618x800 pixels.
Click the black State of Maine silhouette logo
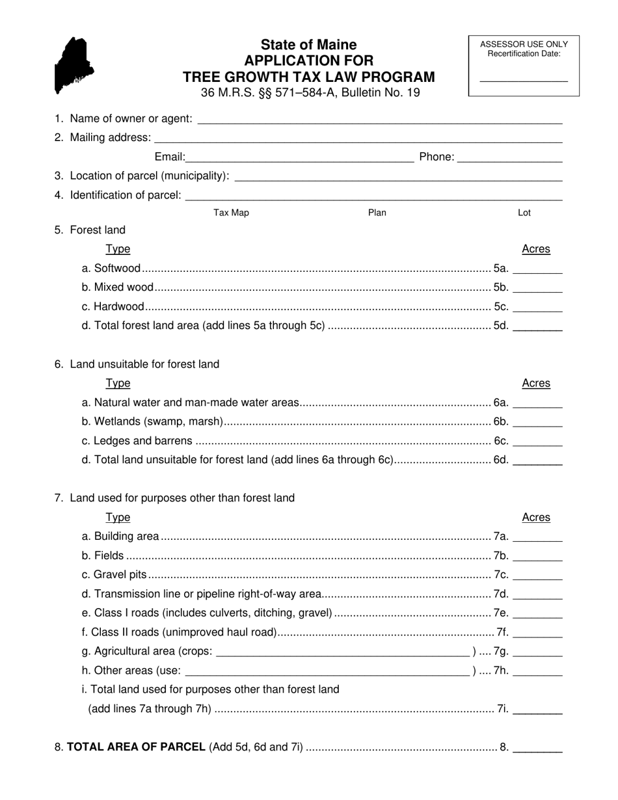pos(74,65)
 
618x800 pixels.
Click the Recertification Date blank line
pos(524,79)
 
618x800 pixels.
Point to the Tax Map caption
pos(231,213)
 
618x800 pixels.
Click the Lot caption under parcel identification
pos(524,213)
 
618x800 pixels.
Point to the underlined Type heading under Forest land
pos(118,249)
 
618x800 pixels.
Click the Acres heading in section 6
pos(536,383)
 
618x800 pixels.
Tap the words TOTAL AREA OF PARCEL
pos(137,747)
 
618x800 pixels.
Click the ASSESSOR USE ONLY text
pos(524,44)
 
